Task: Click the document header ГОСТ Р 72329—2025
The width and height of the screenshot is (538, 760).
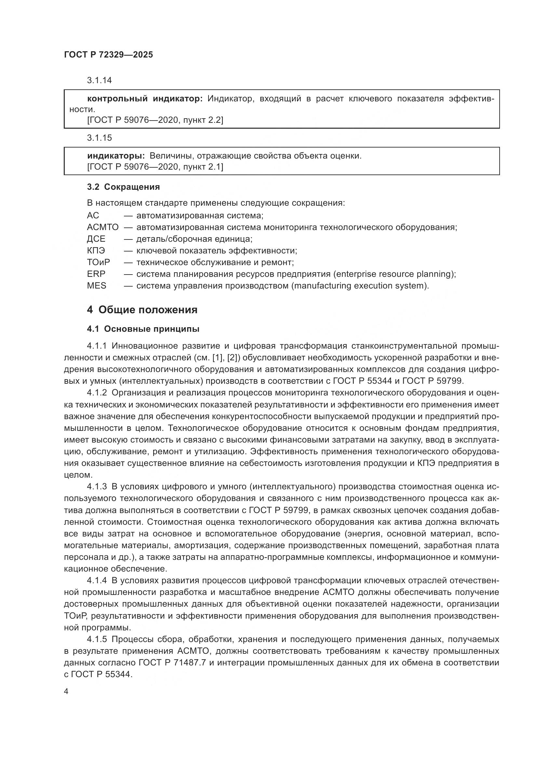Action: [108, 55]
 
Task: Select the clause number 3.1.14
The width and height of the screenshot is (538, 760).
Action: [100, 81]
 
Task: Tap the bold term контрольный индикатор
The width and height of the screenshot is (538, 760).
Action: [145, 99]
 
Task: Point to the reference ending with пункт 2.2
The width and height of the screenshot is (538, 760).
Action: [155, 120]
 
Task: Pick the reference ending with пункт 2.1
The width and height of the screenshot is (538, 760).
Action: [155, 167]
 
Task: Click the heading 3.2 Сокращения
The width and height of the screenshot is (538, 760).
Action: [123, 187]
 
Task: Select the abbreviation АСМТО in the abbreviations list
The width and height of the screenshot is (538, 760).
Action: [102, 227]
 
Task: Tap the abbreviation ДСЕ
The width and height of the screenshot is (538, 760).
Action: [96, 239]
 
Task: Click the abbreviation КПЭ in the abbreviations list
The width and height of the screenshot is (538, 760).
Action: [96, 251]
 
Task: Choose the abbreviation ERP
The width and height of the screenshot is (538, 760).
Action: [96, 274]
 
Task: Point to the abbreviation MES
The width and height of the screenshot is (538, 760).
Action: [96, 286]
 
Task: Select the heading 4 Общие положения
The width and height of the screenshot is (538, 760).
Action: [142, 310]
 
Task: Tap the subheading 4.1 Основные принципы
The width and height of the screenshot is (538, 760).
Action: [143, 329]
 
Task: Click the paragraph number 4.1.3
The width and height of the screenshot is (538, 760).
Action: [97, 487]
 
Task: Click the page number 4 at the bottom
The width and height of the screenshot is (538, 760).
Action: [66, 692]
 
